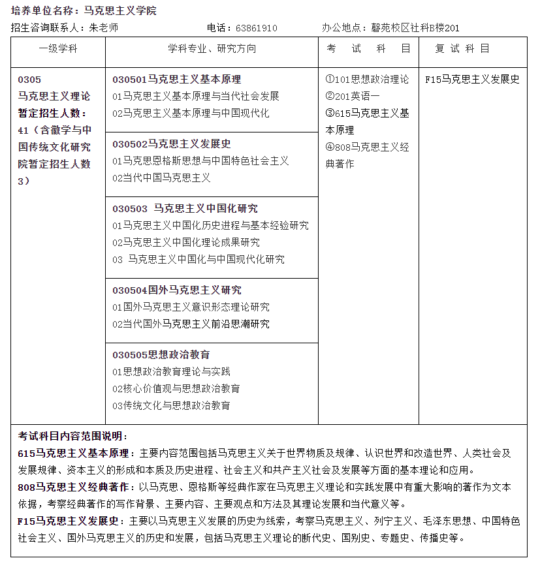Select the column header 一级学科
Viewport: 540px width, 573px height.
(x=57, y=49)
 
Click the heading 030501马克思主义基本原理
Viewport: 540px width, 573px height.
(x=177, y=79)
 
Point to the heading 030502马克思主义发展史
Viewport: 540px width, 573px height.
(x=172, y=144)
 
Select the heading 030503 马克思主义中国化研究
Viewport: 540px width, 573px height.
(x=185, y=208)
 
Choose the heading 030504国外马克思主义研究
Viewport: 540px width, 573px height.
(x=177, y=290)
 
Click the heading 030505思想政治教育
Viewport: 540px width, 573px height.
(x=161, y=354)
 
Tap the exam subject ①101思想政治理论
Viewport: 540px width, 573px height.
(x=368, y=79)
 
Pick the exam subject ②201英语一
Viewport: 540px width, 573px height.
(x=353, y=96)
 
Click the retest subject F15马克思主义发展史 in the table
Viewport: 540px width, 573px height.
(x=472, y=79)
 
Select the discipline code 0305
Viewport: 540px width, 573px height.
(x=29, y=80)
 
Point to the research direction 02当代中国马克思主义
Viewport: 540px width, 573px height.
(x=161, y=178)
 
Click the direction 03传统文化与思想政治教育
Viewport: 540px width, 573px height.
(x=171, y=405)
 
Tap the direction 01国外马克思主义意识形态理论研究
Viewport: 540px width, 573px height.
(x=191, y=307)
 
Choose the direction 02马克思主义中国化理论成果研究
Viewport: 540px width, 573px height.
(x=186, y=242)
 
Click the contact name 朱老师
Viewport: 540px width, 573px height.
(x=103, y=28)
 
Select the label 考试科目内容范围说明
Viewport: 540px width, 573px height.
(x=73, y=436)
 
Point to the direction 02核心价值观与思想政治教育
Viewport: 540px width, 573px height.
(x=176, y=388)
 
